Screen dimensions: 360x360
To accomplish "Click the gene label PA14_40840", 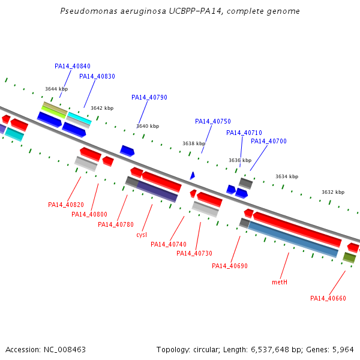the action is coord(73,66).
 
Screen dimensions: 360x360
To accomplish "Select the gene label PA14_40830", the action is coord(97,76).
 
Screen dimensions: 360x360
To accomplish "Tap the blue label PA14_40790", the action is coord(149,97).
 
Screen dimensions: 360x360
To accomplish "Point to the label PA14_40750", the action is coord(213,121).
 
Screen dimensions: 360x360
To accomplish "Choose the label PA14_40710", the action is coord(244,133).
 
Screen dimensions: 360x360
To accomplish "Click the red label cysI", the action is coord(142,235).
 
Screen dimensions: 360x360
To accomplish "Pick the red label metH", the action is coord(280,282).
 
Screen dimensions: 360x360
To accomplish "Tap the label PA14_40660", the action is coord(328,298).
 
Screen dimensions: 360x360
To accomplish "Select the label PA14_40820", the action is coord(66,205).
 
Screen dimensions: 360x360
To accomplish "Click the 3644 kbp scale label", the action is coord(56,89).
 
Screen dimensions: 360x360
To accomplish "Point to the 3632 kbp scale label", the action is coord(333,192).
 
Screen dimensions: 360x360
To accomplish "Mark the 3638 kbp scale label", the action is coord(194,143).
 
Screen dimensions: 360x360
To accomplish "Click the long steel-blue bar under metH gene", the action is coord(293,239).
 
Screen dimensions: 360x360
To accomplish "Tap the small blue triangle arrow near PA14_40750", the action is coord(193,176).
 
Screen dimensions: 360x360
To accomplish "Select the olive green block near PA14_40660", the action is coord(349,257).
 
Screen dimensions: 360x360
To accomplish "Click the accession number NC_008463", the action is coord(65,350).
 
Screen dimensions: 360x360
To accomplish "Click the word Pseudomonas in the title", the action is coord(89,11).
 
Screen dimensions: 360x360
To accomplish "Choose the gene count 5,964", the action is coord(343,350).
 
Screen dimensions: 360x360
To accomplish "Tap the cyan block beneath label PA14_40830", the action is coord(79,118).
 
